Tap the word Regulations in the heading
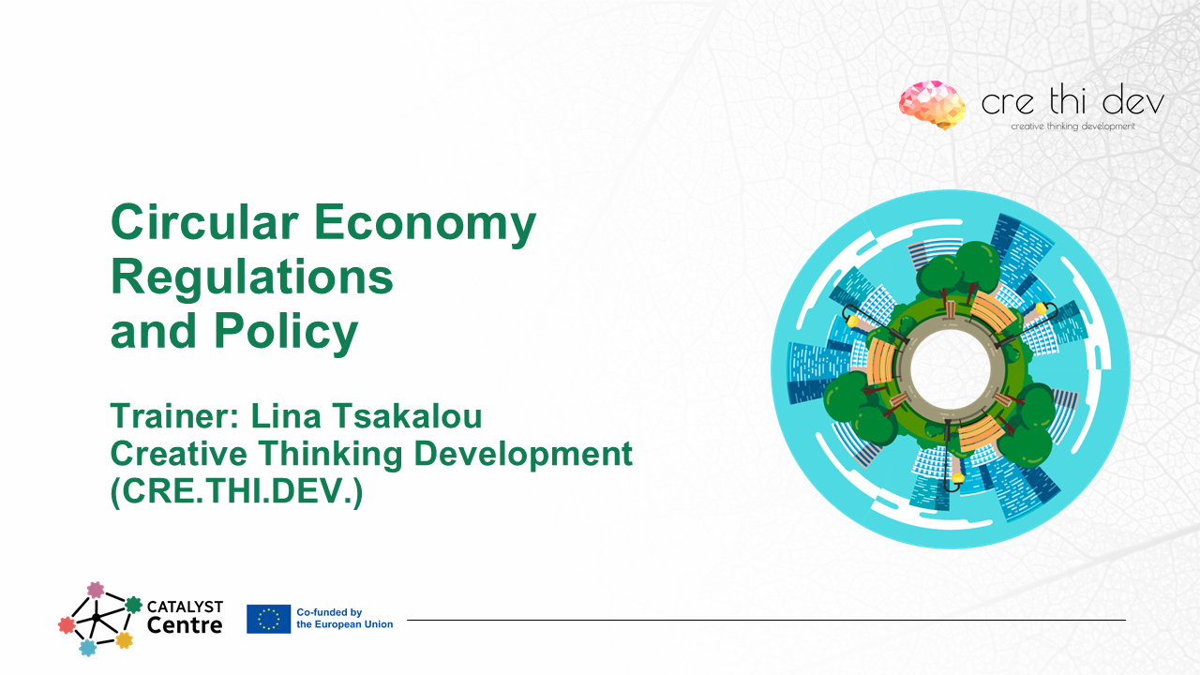251,277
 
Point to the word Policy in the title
286,331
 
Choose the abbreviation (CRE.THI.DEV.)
236,492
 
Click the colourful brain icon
932,103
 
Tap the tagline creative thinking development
1072,127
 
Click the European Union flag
268,619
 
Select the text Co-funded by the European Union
344,619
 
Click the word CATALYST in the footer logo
185,607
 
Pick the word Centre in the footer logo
185,625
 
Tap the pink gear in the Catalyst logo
95,590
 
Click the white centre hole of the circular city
950,367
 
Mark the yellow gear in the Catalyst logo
124,640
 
